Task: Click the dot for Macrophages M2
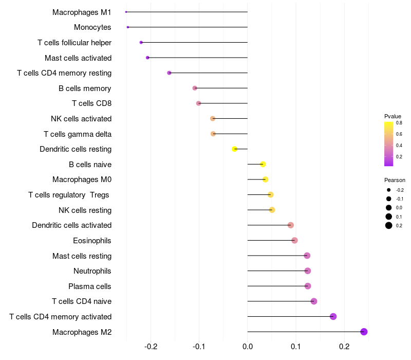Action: (x=364, y=332)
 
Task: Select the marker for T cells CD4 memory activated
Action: (x=333, y=316)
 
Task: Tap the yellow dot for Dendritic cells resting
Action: (x=235, y=149)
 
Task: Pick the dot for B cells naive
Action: (x=263, y=164)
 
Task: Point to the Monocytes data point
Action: (x=128, y=27)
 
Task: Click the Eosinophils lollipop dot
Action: (x=294, y=240)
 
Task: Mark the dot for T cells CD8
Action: (x=199, y=103)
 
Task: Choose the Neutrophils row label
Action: (x=92, y=271)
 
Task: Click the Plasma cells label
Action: (x=90, y=286)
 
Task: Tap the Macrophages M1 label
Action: (x=82, y=12)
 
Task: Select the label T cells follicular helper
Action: (x=74, y=42)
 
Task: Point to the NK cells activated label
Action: (x=81, y=119)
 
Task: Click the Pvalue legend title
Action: (x=393, y=116)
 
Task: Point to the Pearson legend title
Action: (x=395, y=181)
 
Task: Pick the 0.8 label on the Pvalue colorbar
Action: (x=399, y=123)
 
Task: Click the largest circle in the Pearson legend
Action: (x=389, y=225)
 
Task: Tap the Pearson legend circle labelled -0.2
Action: (x=389, y=190)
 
